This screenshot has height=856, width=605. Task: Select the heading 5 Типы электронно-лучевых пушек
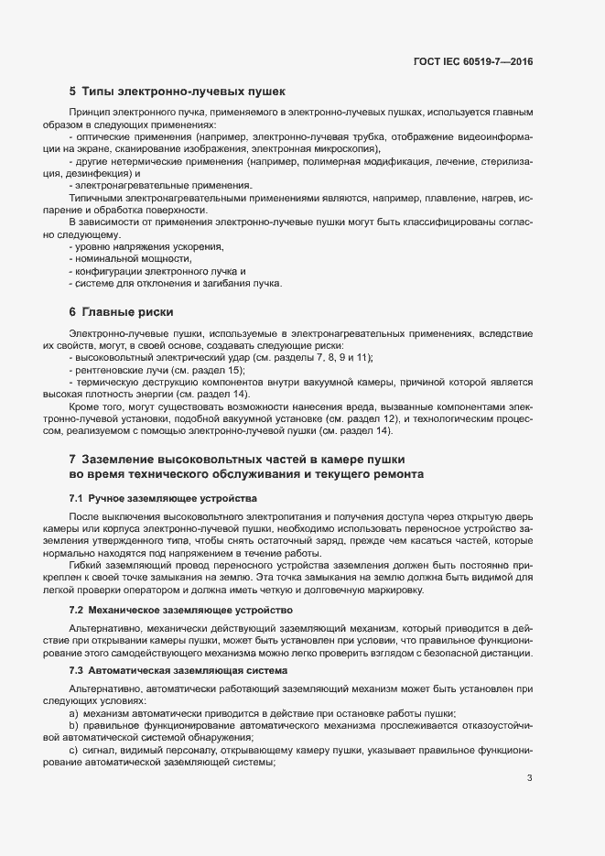(178, 92)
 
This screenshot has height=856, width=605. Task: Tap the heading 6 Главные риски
(121, 311)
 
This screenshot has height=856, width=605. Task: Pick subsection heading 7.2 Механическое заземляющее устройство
(180, 609)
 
